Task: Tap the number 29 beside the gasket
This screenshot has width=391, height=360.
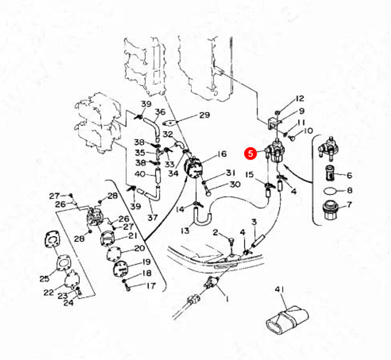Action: (x=204, y=115)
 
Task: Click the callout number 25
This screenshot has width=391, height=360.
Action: (x=44, y=279)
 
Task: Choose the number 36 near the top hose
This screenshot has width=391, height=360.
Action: (x=160, y=112)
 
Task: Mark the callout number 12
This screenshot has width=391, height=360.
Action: (x=300, y=98)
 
